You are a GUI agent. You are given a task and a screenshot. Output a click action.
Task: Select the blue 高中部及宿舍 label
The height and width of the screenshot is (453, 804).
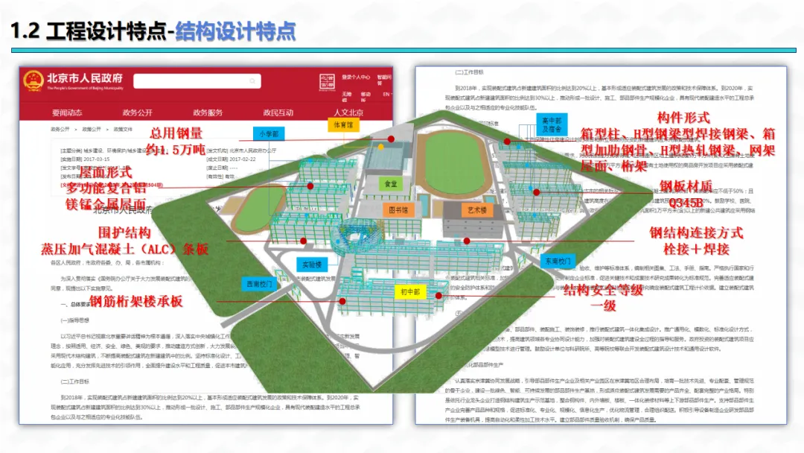(x=551, y=124)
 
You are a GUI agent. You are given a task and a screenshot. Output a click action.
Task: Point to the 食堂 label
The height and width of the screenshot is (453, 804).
(x=391, y=183)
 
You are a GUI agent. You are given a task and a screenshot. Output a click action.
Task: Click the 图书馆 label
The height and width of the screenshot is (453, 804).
(x=401, y=210)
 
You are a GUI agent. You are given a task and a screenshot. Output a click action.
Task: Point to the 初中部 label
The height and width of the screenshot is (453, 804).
(x=410, y=291)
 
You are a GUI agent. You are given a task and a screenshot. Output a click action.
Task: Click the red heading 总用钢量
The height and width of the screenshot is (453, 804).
(x=176, y=133)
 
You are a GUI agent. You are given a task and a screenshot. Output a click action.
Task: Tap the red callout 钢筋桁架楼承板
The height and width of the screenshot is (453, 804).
(x=135, y=302)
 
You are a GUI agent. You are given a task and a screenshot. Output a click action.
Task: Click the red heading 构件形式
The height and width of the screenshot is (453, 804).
(x=683, y=118)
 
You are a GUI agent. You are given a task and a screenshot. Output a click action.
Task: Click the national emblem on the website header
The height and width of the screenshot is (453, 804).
(x=33, y=80)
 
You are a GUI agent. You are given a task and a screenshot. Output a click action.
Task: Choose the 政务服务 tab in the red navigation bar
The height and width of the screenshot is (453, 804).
(x=208, y=113)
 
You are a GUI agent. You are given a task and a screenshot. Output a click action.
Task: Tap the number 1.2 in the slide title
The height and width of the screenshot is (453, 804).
(x=25, y=31)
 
